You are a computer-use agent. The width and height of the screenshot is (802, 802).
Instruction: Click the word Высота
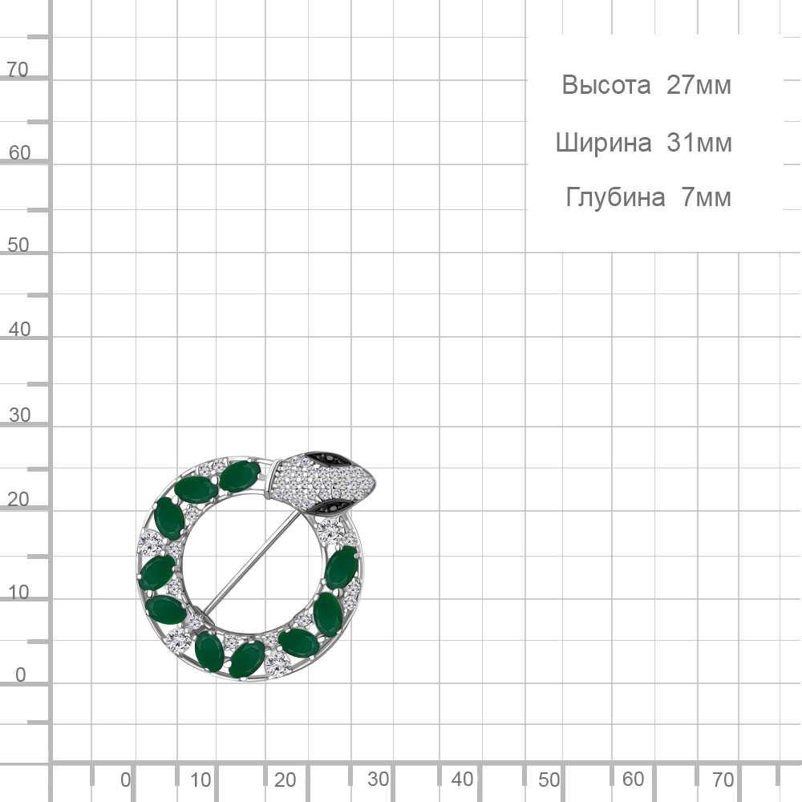(606, 86)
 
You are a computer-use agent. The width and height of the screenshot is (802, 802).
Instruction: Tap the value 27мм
(699, 85)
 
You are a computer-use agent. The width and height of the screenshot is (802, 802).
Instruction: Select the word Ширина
(604, 144)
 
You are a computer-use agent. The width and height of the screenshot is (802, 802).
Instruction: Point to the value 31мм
(699, 143)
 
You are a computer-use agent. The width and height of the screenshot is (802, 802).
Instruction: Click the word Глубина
(615, 197)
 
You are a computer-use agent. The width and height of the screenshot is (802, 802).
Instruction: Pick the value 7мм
(706, 197)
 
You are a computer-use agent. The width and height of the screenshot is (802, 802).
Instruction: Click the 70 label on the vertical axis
(18, 70)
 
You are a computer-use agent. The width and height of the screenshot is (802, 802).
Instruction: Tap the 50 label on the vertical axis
(18, 245)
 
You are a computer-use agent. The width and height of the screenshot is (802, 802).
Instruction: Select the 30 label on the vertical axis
(19, 415)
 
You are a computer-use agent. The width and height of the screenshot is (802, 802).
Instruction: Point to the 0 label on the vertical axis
(21, 674)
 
